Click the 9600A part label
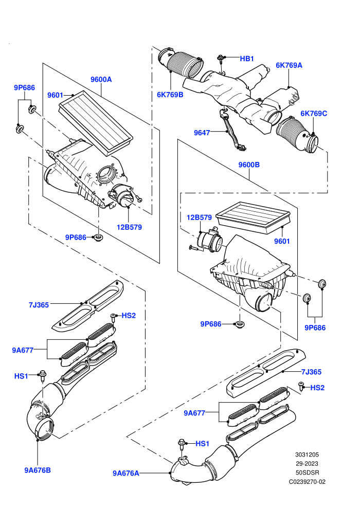point(101,79)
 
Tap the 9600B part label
point(249,165)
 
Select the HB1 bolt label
point(247,59)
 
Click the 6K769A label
point(289,65)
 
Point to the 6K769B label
point(170,95)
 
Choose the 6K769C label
point(314,113)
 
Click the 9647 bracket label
point(202,133)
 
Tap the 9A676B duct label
point(38,470)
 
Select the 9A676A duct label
point(126,474)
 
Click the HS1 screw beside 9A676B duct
point(42,376)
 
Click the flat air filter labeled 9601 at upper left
point(96,122)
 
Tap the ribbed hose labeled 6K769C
point(297,135)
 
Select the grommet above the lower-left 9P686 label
point(98,238)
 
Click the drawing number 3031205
point(307,455)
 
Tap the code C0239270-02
point(307,482)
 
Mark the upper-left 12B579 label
point(129,227)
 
